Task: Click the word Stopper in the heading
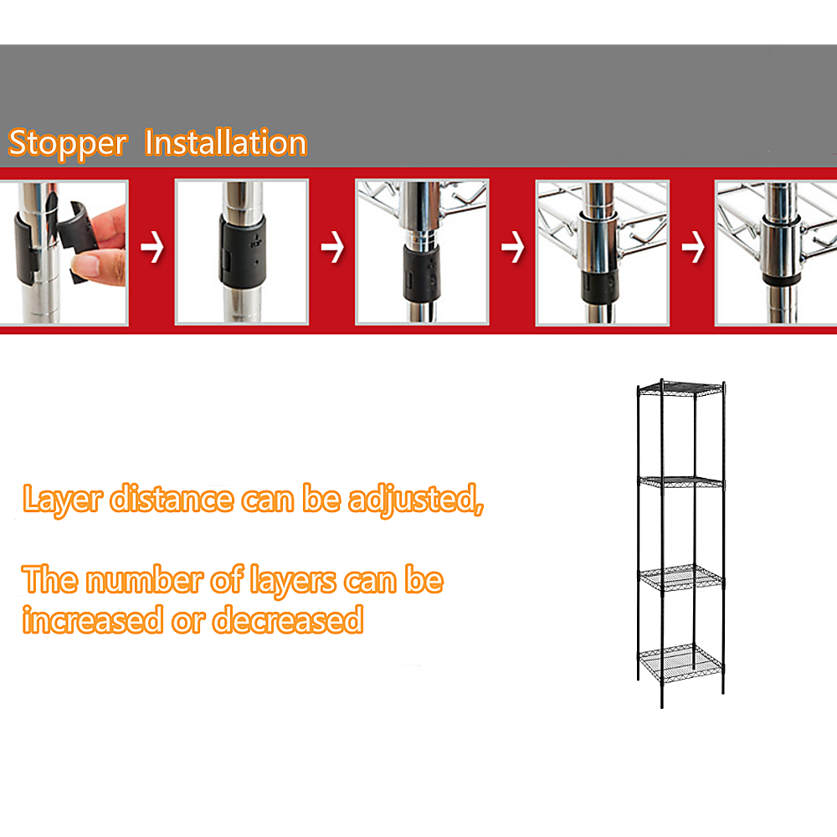(x=67, y=144)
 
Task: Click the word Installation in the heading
(x=226, y=143)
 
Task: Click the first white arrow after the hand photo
(x=151, y=249)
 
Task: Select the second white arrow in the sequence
(x=332, y=249)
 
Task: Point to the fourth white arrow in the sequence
(x=692, y=249)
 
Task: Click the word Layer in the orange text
(x=62, y=500)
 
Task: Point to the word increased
(x=92, y=621)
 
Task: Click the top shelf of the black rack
(x=680, y=388)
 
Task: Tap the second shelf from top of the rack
(x=680, y=482)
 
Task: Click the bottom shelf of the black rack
(x=680, y=661)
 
